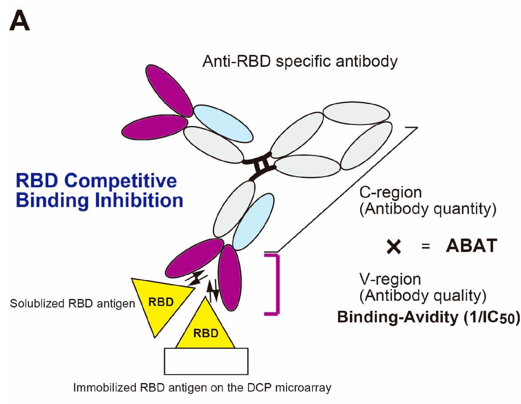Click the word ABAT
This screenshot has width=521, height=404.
point(471,246)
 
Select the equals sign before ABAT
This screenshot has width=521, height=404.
point(426,246)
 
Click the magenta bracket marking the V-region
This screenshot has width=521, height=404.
point(278,285)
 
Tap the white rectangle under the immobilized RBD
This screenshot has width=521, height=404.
point(206,361)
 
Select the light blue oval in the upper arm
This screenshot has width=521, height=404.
point(223,123)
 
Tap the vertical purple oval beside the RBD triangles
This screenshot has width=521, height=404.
point(229,277)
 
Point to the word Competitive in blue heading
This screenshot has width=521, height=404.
point(121,181)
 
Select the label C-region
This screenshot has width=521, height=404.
point(390,192)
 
